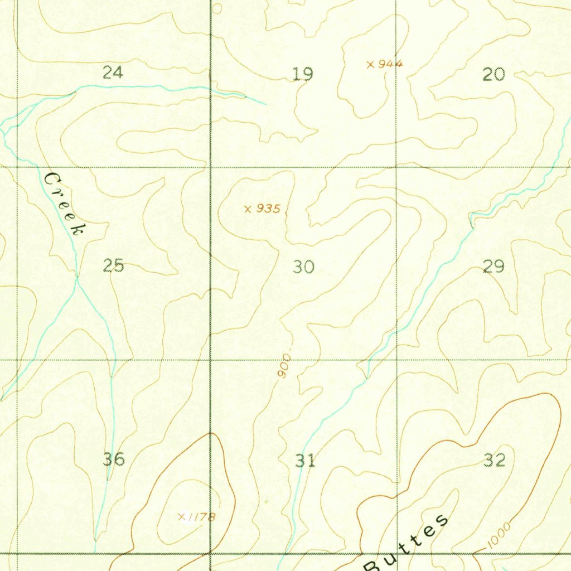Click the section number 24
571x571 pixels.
pyautogui.click(x=113, y=72)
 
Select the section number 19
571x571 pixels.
pyautogui.click(x=303, y=74)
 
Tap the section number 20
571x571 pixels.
pyautogui.click(x=493, y=74)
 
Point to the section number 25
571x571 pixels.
pyautogui.click(x=113, y=266)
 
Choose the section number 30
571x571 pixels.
pyautogui.click(x=304, y=267)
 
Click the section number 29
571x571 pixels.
pyautogui.click(x=493, y=267)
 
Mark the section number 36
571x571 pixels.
pyautogui.click(x=114, y=459)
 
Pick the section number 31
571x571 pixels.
pyautogui.click(x=304, y=461)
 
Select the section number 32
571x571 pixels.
pyautogui.click(x=494, y=460)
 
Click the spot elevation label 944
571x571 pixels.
pyautogui.click(x=390, y=64)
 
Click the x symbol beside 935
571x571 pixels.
pyautogui.click(x=248, y=209)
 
